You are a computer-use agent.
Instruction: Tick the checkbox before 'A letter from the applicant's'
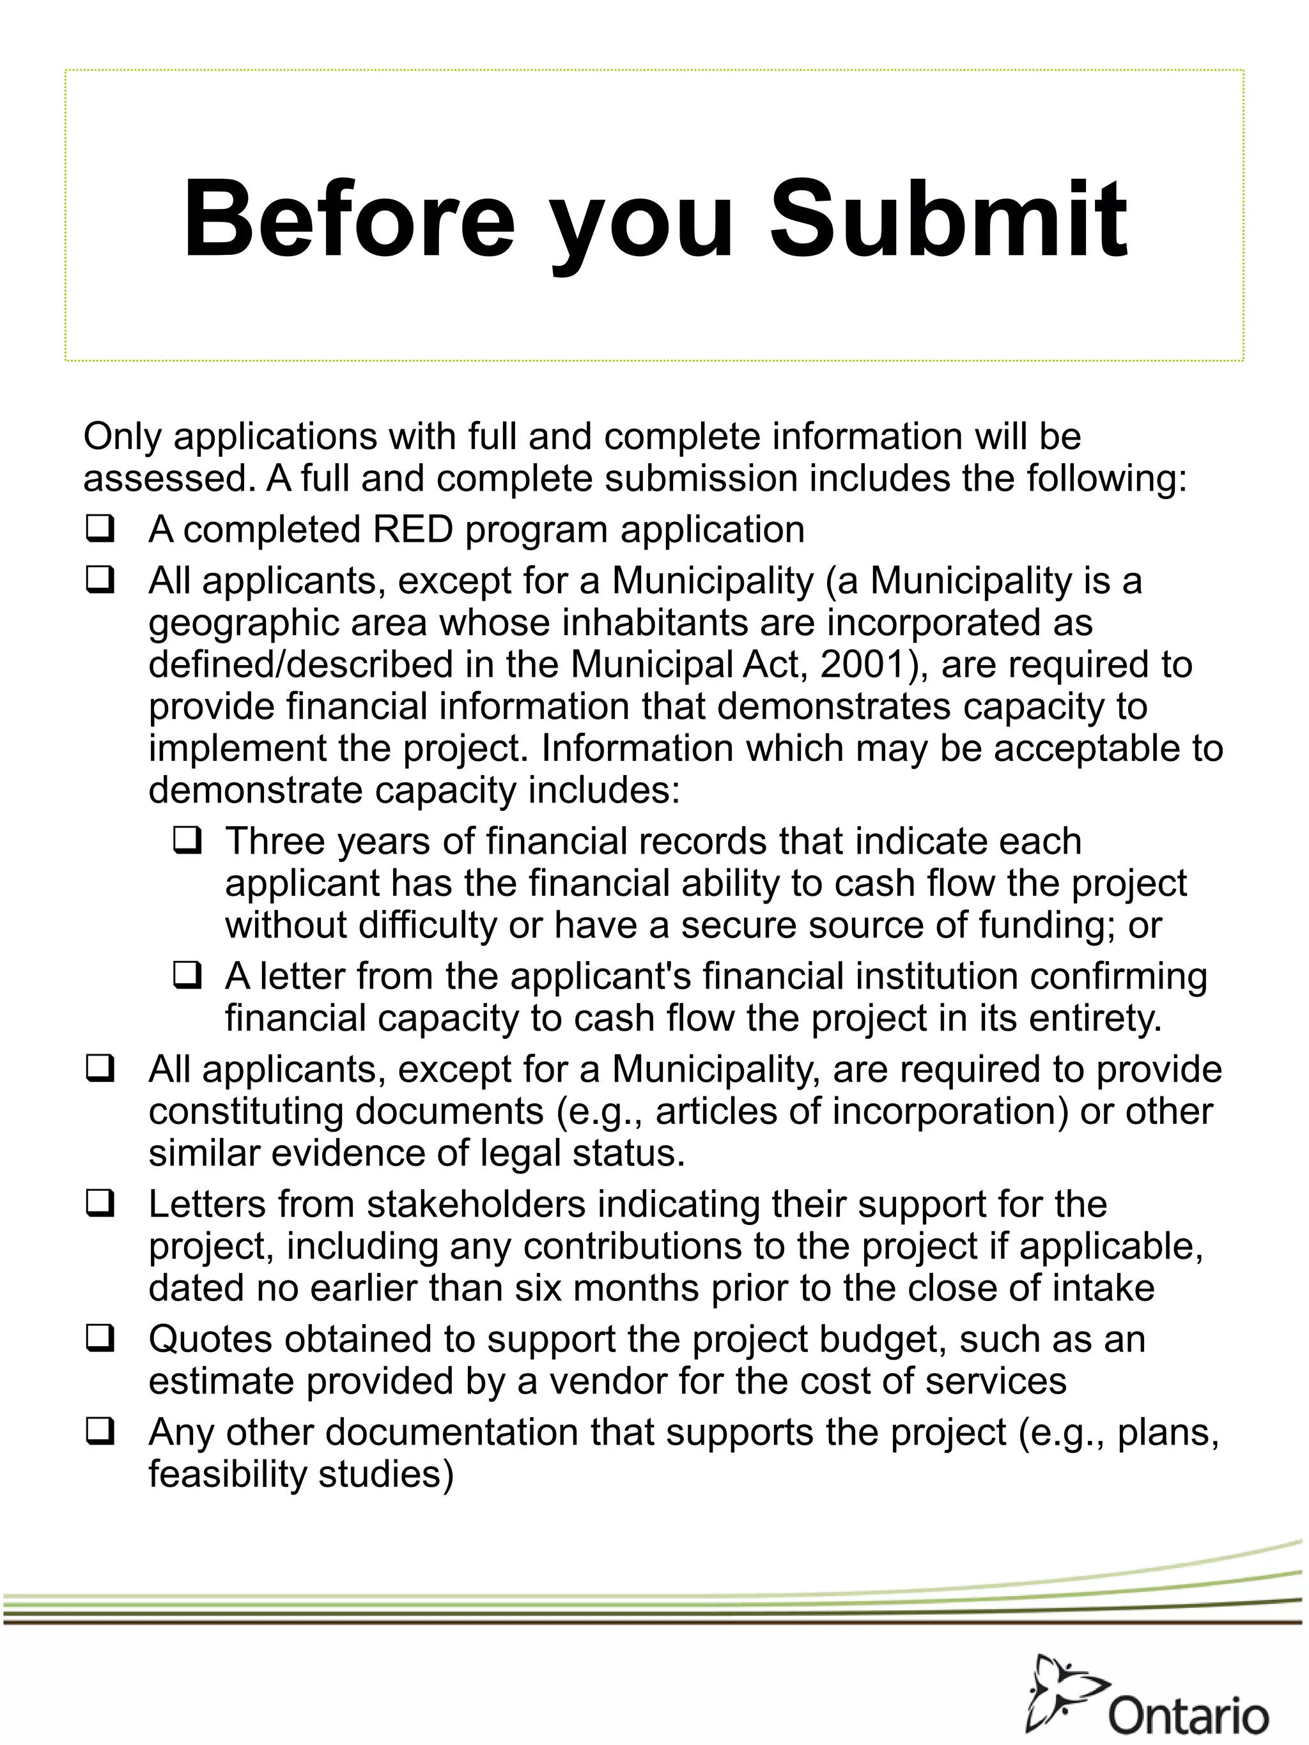(187, 975)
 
